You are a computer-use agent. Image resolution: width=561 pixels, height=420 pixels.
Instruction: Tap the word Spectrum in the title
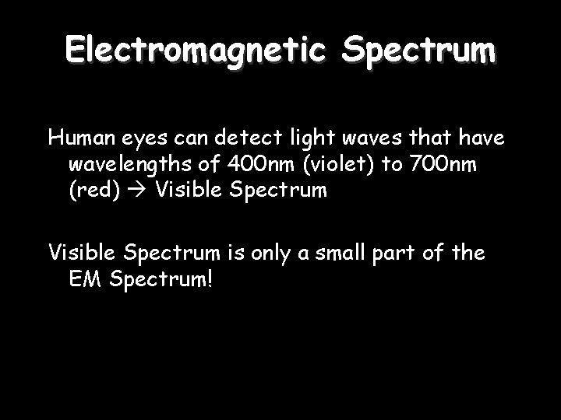(417, 51)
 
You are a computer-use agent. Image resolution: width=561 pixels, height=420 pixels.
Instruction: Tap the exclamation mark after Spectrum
(207, 278)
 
